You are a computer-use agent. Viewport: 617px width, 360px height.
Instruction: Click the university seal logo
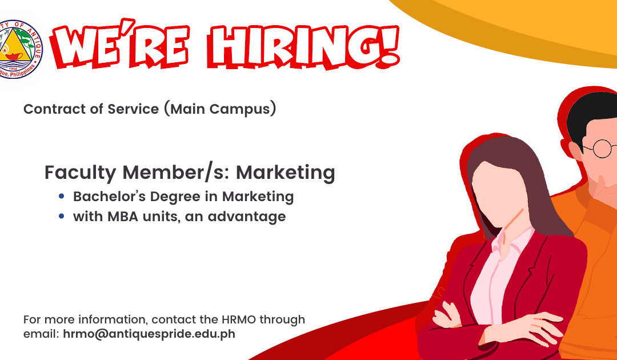[x=19, y=50]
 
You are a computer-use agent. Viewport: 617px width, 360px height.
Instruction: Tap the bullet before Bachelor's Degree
[x=61, y=195]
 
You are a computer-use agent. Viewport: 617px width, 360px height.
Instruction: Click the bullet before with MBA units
[x=61, y=215]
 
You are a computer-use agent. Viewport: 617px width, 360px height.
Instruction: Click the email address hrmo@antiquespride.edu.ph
[x=149, y=334]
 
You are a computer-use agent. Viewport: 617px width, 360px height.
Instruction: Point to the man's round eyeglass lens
[x=602, y=149]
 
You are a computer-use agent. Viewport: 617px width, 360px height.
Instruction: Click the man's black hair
[x=590, y=114]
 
